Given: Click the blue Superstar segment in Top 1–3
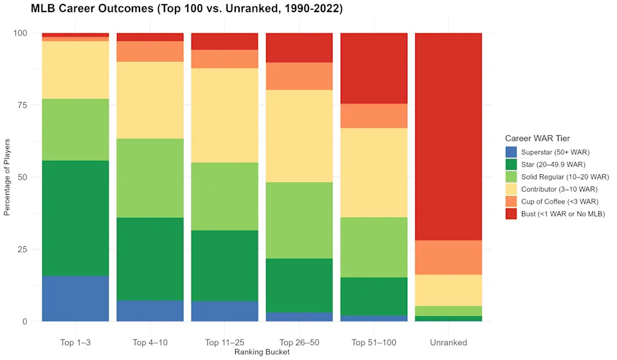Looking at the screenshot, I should click(x=75, y=298).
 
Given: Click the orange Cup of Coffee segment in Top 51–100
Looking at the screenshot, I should click(x=373, y=116).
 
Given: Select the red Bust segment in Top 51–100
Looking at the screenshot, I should click(x=373, y=68).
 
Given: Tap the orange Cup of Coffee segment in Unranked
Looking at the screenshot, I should click(x=448, y=257).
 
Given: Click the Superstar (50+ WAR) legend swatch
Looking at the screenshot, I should click(x=512, y=152).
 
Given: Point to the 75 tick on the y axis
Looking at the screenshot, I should click(x=25, y=105).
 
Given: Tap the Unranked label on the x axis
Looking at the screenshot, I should click(x=448, y=343).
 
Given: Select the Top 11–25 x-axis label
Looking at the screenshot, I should click(x=224, y=343).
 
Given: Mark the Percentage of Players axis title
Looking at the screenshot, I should click(x=8, y=177).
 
